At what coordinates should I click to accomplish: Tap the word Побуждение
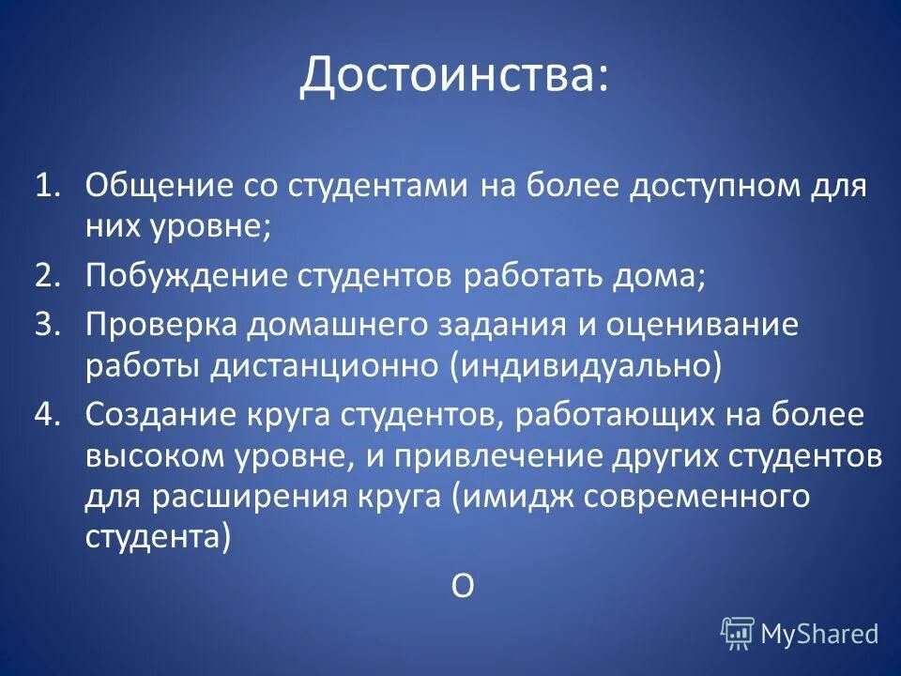(x=184, y=275)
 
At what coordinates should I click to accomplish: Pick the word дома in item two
(x=664, y=275)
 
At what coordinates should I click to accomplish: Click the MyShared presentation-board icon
(x=738, y=634)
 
